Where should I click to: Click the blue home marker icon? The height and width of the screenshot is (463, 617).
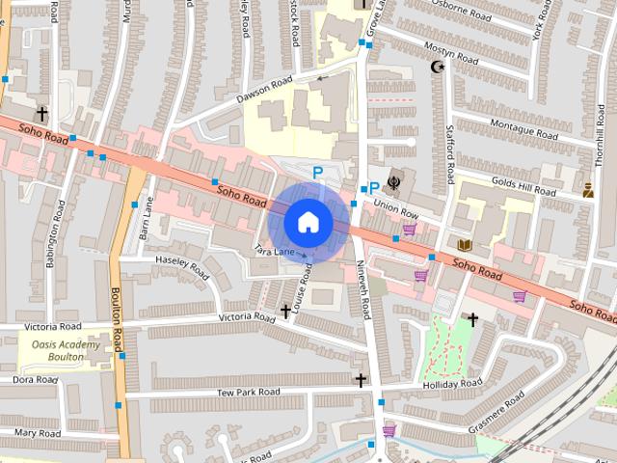[308, 222]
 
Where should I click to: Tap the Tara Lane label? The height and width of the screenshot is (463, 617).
[274, 250]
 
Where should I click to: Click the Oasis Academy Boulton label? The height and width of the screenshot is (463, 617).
[66, 351]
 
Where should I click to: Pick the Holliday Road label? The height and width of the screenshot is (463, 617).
[451, 384]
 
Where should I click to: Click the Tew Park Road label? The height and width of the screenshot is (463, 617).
[248, 392]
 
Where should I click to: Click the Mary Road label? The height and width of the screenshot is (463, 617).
[38, 434]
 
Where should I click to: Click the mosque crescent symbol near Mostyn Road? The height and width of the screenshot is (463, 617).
[439, 68]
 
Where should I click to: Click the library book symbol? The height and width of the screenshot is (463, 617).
[465, 244]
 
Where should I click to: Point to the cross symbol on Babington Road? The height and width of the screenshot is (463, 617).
[42, 115]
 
